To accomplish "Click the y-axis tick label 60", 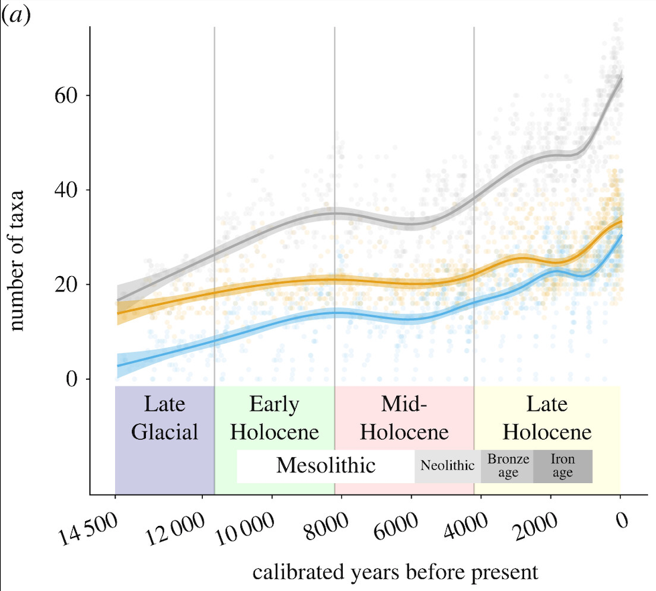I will (x=64, y=95).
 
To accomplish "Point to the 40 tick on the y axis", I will (x=64, y=190).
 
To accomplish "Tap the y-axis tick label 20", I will (x=64, y=284).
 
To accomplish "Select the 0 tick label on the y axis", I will (x=70, y=379).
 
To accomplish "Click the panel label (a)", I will (x=17, y=15).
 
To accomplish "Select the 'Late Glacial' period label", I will (x=165, y=418).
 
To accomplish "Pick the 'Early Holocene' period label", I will (x=274, y=418).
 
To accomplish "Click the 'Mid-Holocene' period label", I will (x=404, y=418).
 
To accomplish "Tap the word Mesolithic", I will (x=326, y=465).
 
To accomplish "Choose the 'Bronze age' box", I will (x=508, y=466).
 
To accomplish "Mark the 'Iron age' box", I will (x=563, y=466).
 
